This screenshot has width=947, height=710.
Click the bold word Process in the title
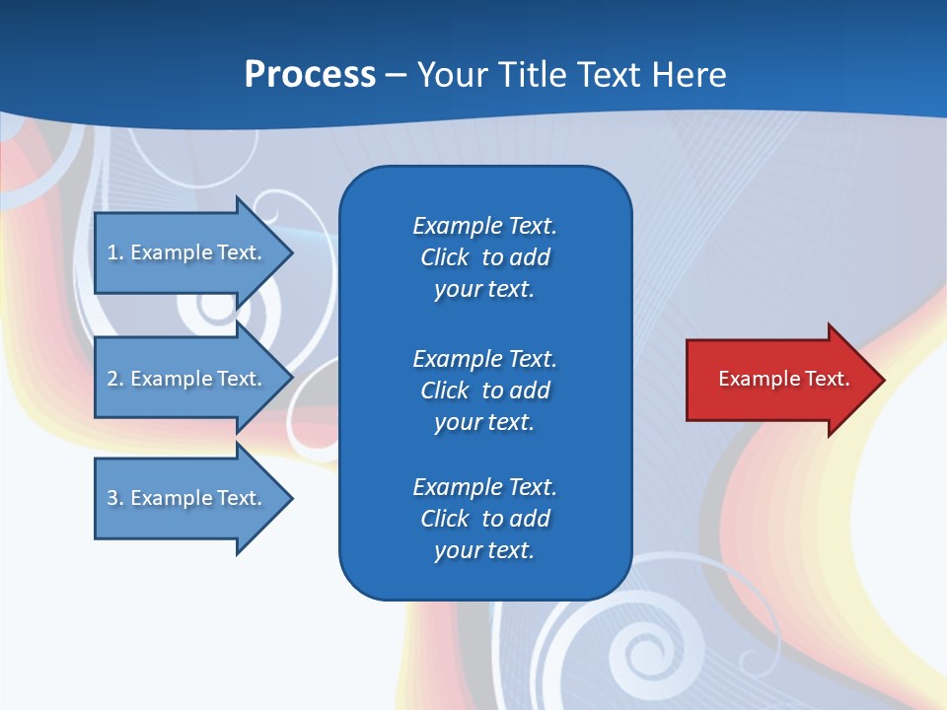[310, 75]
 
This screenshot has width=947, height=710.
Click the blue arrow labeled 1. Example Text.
[187, 252]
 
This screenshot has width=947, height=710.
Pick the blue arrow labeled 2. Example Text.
[187, 379]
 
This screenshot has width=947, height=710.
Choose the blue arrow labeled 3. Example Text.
[187, 498]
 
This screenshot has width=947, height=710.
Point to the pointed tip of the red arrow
[883, 380]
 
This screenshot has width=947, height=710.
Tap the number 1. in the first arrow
[115, 252]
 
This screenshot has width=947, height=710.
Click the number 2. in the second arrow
[115, 379]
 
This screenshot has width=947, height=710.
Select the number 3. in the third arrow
[115, 498]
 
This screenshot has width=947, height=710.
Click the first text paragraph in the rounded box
[484, 257]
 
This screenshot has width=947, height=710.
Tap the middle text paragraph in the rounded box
[484, 390]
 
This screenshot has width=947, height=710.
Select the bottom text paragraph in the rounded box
[484, 519]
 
